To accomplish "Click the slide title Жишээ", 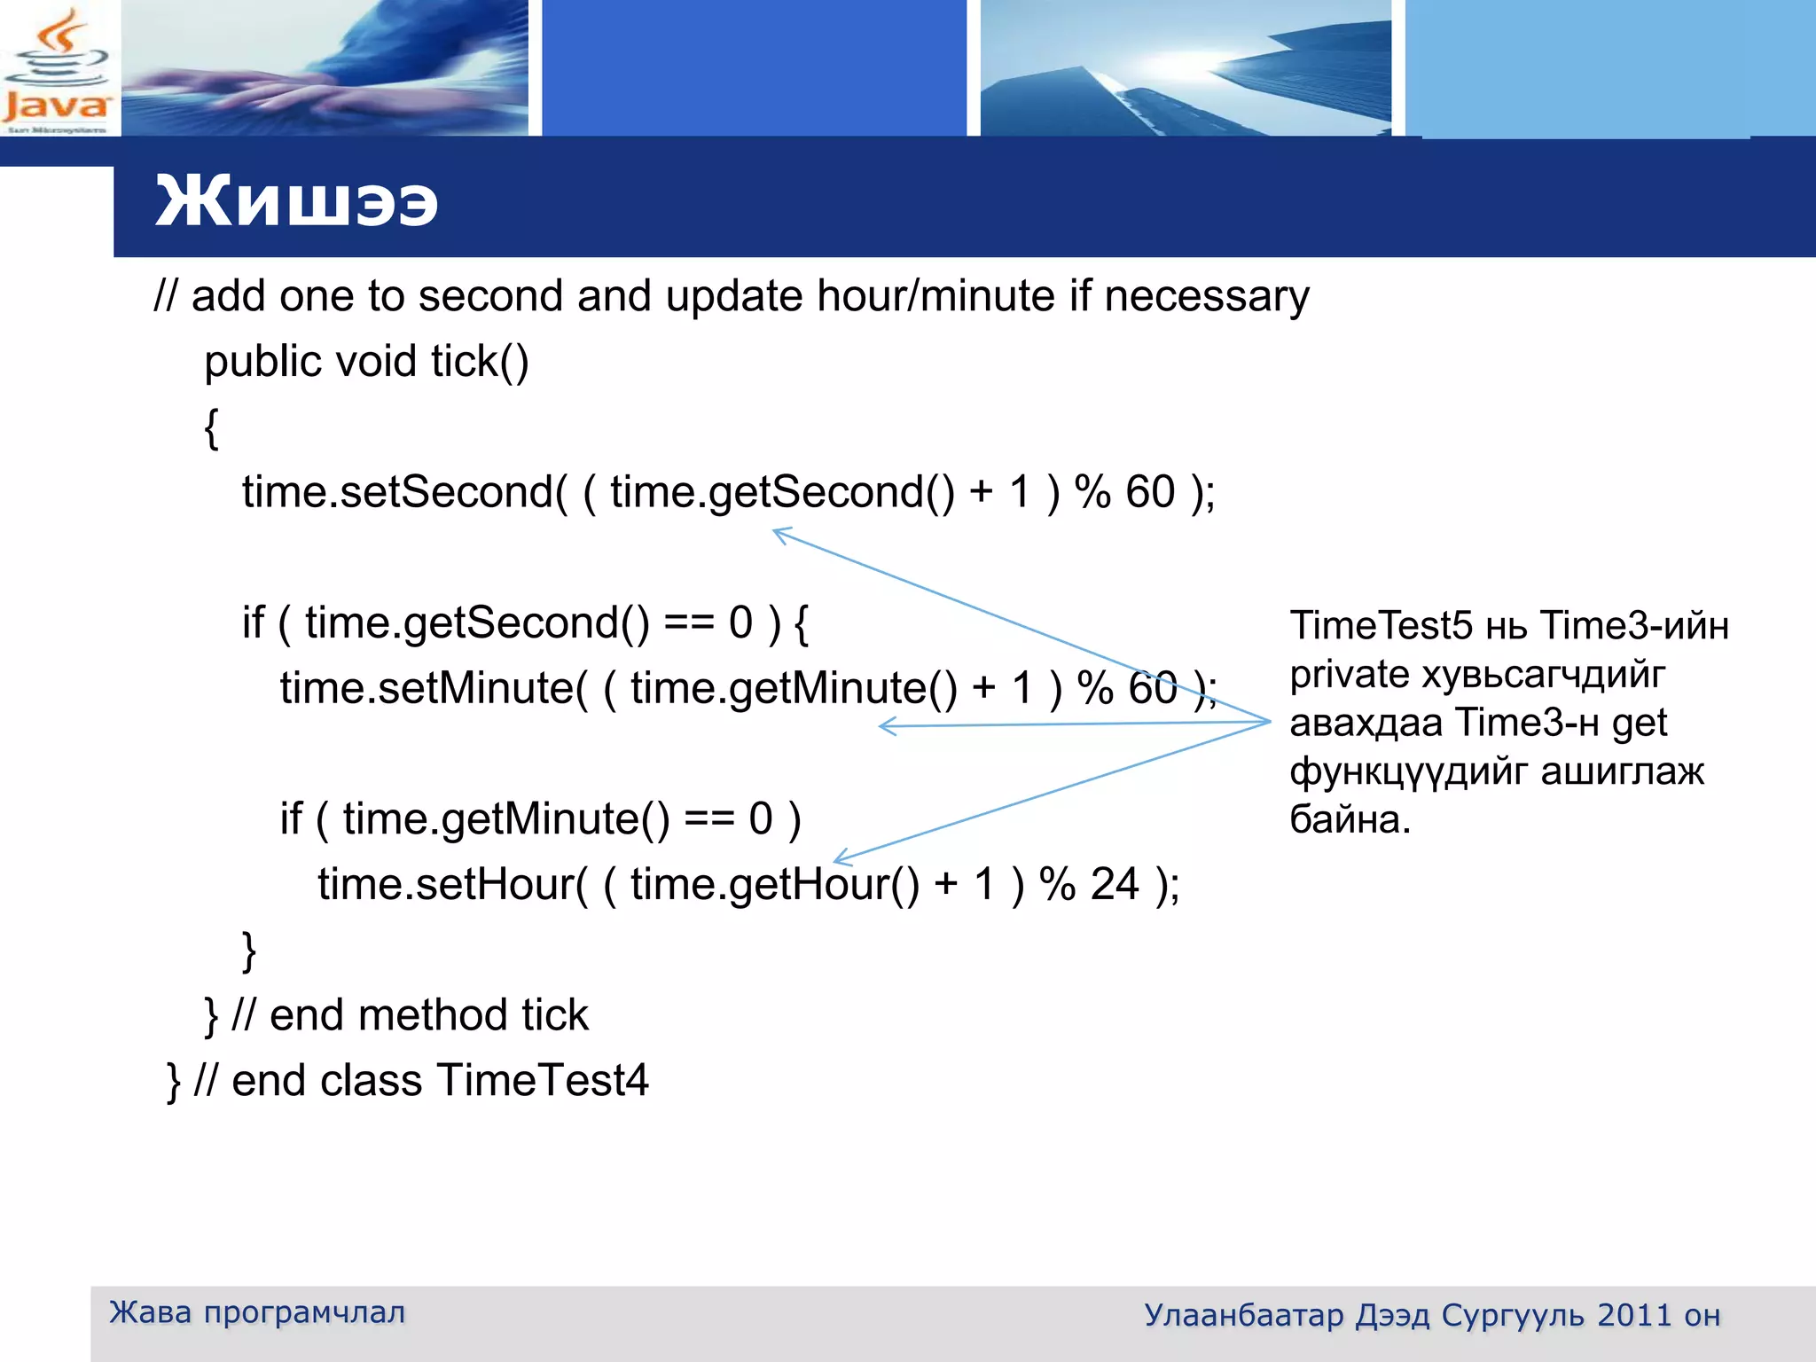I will pyautogui.click(x=296, y=201).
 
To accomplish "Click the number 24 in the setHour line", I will pyautogui.click(x=1114, y=885).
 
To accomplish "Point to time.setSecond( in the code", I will pyautogui.click(x=404, y=492).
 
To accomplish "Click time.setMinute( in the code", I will pyautogui.click(x=434, y=689).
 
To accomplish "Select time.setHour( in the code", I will pyautogui.click(x=452, y=885).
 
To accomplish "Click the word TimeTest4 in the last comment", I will pyautogui.click(x=543, y=1081).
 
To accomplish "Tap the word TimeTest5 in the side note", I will pyautogui.click(x=1381, y=626).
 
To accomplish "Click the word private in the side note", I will pyautogui.click(x=1350, y=675).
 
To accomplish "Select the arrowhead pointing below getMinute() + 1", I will pyautogui.click(x=885, y=727).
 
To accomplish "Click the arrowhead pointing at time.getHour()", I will pyautogui.click(x=840, y=858).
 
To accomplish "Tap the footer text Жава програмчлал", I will pyautogui.click(x=257, y=1312).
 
